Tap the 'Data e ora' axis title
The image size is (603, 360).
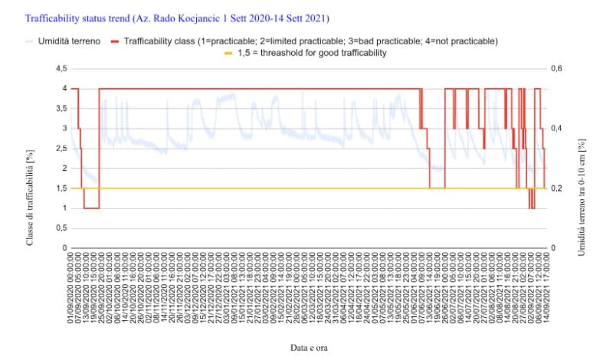[x=309, y=347]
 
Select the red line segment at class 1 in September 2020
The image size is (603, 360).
[x=90, y=208]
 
